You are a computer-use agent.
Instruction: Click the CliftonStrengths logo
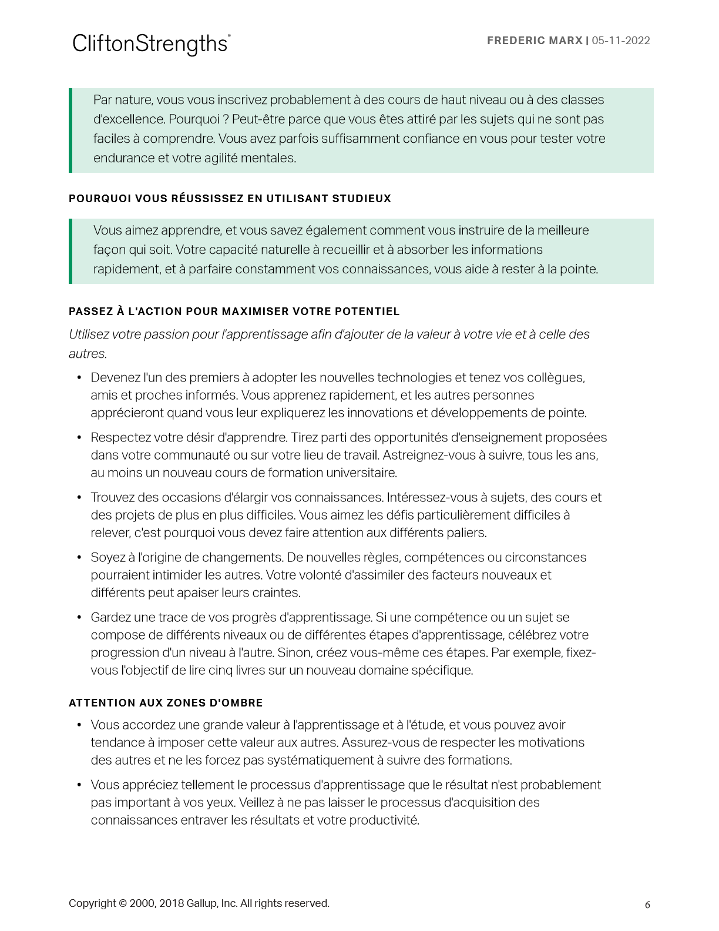pyautogui.click(x=151, y=44)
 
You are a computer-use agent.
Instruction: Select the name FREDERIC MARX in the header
pyautogui.click(x=535, y=41)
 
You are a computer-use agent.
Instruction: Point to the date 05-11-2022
pyautogui.click(x=621, y=41)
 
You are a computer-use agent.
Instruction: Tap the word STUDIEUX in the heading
pyautogui.click(x=362, y=199)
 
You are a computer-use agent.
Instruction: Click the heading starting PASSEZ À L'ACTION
pyautogui.click(x=234, y=312)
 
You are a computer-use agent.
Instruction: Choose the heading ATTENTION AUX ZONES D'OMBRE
pyautogui.click(x=166, y=703)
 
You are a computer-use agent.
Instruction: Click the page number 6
pyautogui.click(x=647, y=905)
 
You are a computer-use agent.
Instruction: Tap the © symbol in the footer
pyautogui.click(x=123, y=903)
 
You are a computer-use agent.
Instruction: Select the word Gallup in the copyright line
pyautogui.click(x=201, y=903)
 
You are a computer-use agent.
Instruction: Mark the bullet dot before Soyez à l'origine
pyautogui.click(x=79, y=557)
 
